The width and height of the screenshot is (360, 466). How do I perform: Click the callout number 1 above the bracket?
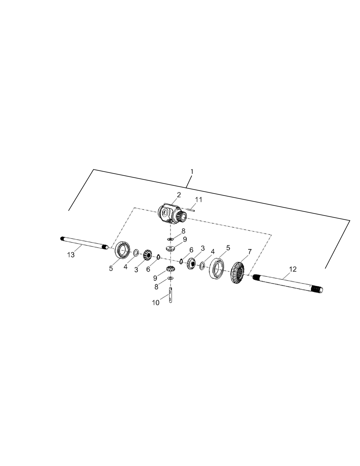(192, 172)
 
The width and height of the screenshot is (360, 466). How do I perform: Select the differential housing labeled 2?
(171, 214)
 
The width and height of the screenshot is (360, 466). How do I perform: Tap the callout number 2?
(179, 195)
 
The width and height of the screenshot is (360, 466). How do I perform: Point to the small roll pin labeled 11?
(190, 210)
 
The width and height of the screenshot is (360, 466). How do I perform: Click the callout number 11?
(199, 200)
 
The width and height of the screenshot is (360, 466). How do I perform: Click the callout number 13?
(71, 255)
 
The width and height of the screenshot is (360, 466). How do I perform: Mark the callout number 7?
(249, 251)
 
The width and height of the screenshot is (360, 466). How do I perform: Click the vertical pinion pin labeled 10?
(170, 296)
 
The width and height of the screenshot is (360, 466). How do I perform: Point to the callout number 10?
(156, 303)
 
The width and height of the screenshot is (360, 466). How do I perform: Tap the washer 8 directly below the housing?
(170, 239)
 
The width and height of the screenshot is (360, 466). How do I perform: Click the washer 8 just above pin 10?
(170, 278)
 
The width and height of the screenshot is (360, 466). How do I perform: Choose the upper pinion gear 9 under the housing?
(170, 248)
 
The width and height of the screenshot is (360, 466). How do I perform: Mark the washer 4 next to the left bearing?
(136, 253)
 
